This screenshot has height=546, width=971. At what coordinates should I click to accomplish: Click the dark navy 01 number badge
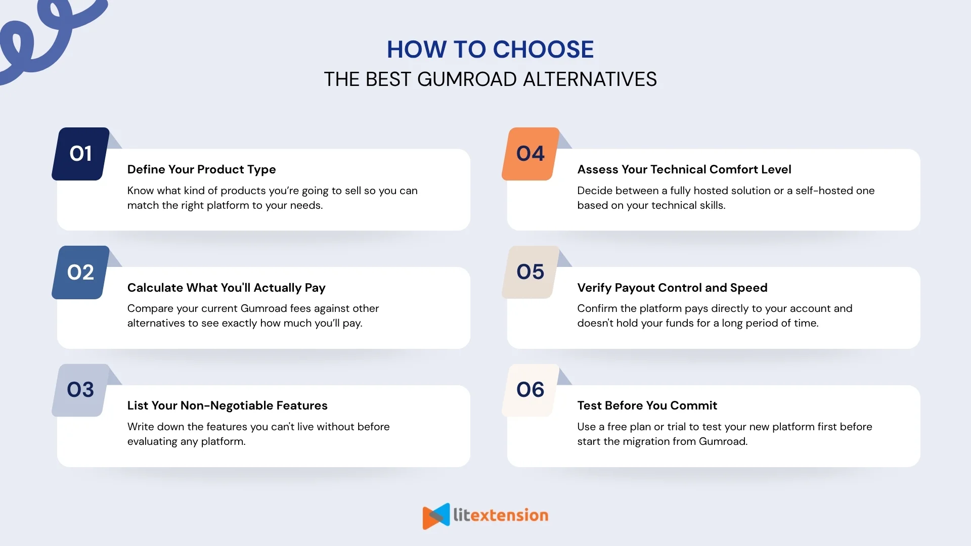pos(80,154)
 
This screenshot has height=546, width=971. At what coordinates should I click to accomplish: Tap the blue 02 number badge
pos(80,272)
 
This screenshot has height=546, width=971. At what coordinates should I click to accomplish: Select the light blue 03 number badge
pos(80,390)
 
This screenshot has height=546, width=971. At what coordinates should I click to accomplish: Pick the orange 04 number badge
pos(531,154)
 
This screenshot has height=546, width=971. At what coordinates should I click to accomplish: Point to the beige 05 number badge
pos(531,272)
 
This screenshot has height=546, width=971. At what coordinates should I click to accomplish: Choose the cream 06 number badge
pos(531,390)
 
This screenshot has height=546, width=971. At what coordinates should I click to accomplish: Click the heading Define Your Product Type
pos(201,169)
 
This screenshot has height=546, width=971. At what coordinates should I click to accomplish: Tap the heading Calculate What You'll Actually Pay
pos(226,288)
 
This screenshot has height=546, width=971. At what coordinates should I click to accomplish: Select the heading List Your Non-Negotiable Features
pos(227,405)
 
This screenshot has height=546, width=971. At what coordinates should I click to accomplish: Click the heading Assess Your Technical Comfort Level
pos(684,169)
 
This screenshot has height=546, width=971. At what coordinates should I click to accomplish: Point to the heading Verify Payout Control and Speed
pos(672,288)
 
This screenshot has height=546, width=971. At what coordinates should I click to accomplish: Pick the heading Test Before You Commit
pos(647,405)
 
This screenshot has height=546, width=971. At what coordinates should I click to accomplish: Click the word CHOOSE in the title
pos(543,50)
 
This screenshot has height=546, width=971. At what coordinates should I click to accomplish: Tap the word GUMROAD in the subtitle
pos(467,79)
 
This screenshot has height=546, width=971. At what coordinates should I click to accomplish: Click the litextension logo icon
pos(436,516)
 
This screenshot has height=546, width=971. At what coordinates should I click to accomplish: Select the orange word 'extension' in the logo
pos(513,515)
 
